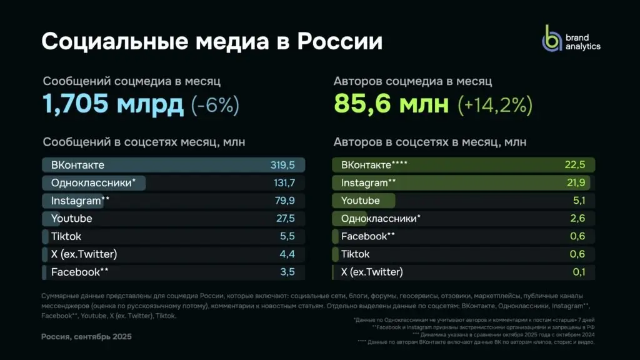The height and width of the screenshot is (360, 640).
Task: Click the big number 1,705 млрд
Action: click(x=113, y=104)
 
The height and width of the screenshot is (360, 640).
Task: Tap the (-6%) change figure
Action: click(x=215, y=105)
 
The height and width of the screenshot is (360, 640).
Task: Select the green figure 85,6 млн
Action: click(x=391, y=104)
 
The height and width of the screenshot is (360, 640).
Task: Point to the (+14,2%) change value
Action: click(x=495, y=105)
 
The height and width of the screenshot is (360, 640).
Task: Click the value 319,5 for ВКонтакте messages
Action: click(x=282, y=165)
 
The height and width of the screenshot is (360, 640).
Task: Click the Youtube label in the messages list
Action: click(x=71, y=219)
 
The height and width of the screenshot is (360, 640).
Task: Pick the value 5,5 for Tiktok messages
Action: click(x=288, y=237)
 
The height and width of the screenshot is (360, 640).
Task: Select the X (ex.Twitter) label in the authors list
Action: click(x=372, y=272)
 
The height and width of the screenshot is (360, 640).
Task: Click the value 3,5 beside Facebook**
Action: click(x=288, y=272)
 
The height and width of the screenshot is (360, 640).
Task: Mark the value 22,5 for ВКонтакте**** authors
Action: click(x=574, y=165)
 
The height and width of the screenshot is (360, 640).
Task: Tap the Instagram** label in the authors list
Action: click(x=369, y=183)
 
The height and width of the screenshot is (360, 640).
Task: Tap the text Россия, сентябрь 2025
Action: click(x=87, y=337)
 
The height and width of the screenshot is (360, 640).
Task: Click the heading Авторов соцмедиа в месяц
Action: click(x=412, y=81)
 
